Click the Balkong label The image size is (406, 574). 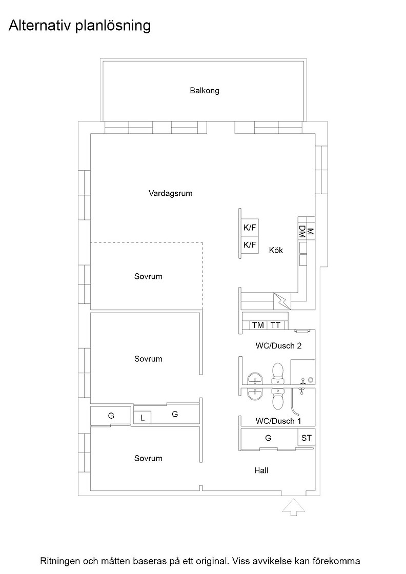(x=204, y=90)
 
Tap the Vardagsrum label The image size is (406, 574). (x=170, y=193)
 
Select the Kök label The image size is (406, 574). (x=276, y=251)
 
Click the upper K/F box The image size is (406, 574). (x=250, y=228)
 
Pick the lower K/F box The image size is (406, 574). (x=250, y=244)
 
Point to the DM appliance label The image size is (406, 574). (x=302, y=232)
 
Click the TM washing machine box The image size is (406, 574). (x=258, y=325)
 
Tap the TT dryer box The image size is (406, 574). (x=275, y=325)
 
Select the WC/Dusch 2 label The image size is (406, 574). (x=278, y=346)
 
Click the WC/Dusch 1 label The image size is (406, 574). (x=278, y=421)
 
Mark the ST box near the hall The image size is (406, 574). (x=307, y=438)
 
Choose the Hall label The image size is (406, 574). (x=261, y=470)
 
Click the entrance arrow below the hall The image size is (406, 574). (x=294, y=507)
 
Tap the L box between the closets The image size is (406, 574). (x=143, y=418)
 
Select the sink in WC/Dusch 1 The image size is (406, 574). (x=255, y=394)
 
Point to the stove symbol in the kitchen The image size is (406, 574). (x=282, y=301)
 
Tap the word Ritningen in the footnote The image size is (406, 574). (x=59, y=561)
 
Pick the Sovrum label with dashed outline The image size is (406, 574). (x=148, y=276)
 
